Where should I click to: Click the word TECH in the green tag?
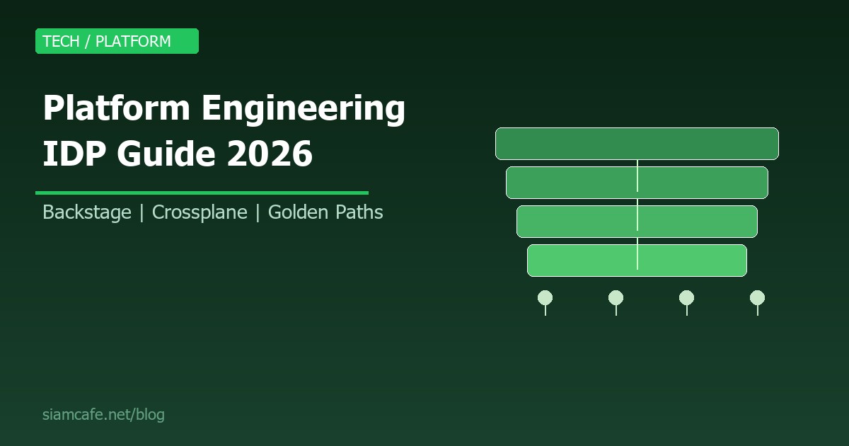(x=61, y=41)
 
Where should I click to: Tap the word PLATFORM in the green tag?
(x=133, y=41)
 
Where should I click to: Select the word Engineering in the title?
(x=304, y=109)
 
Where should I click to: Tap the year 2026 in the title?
(x=270, y=153)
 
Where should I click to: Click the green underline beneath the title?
(x=202, y=193)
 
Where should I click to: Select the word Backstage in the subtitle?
(x=87, y=212)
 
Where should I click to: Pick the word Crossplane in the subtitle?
(x=200, y=212)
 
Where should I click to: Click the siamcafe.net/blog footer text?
(x=103, y=415)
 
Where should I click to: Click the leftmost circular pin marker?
(x=545, y=298)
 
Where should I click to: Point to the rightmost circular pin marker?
(x=757, y=298)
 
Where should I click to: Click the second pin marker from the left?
(x=616, y=298)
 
